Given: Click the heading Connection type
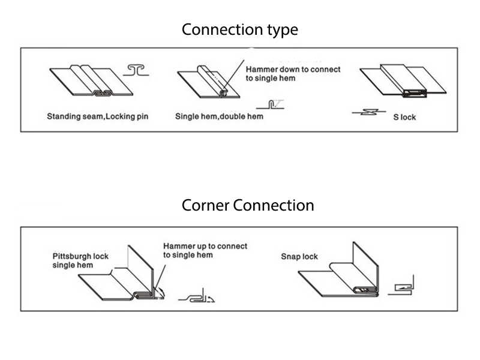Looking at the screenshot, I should [x=239, y=29].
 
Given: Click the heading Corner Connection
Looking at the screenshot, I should [x=247, y=206].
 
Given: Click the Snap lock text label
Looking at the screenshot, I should [x=299, y=257].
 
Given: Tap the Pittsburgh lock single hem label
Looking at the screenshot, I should [x=80, y=260].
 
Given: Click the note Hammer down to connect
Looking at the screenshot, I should [x=293, y=74].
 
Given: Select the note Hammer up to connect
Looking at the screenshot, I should [x=205, y=250].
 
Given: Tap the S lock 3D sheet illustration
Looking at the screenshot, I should [x=403, y=80].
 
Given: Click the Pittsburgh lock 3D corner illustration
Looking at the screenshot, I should [x=124, y=276].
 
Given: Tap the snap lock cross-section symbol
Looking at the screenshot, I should [x=402, y=286].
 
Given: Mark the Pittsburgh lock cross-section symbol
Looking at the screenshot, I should [x=199, y=296].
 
